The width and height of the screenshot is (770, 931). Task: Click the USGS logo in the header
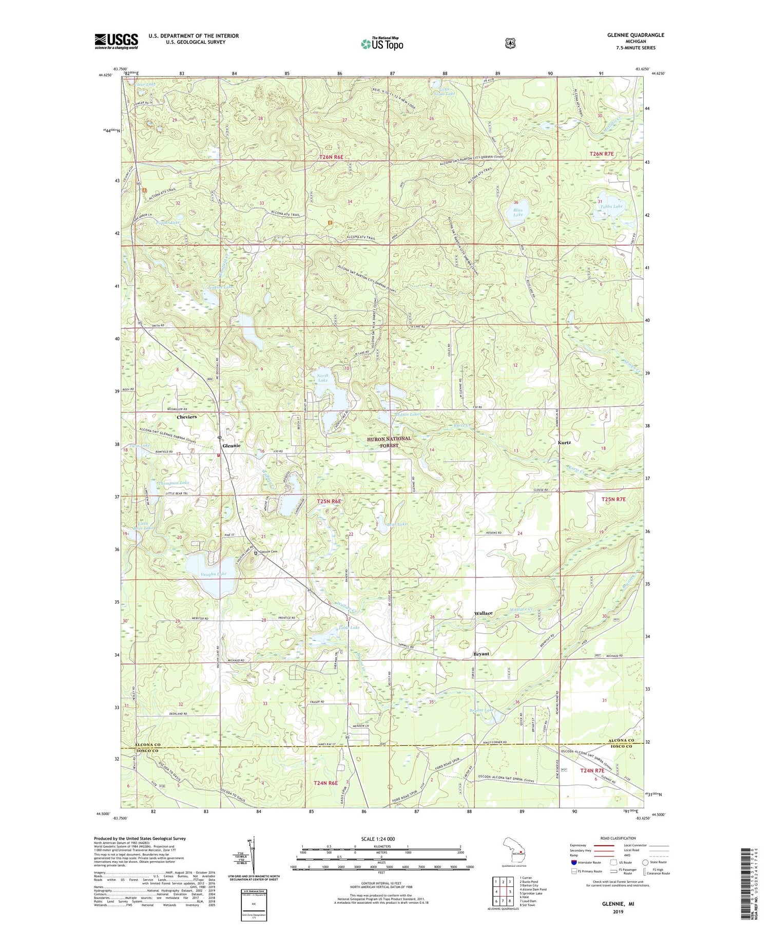pyautogui.click(x=117, y=41)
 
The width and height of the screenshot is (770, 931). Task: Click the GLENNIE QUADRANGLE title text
pyautogui.click(x=633, y=35)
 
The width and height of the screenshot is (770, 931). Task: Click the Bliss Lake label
pyautogui.click(x=518, y=212)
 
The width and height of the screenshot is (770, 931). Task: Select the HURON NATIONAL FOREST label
pyautogui.click(x=389, y=442)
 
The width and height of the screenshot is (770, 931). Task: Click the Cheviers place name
pyautogui.click(x=186, y=417)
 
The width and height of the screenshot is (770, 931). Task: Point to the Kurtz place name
pyautogui.click(x=564, y=442)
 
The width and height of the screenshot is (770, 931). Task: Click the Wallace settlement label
pyautogui.click(x=483, y=613)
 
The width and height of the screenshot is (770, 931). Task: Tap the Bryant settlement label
pyautogui.click(x=481, y=654)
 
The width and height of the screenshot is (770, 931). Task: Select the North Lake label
pyautogui.click(x=322, y=377)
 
